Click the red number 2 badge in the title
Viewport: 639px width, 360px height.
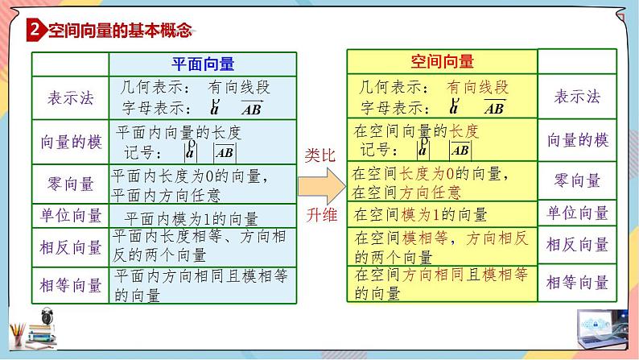click(34, 31)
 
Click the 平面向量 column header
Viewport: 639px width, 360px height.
click(204, 64)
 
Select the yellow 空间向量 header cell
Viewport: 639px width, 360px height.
click(442, 61)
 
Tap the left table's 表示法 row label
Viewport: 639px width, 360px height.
click(71, 98)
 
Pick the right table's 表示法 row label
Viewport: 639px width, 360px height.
click(577, 97)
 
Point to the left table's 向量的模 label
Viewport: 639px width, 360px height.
click(71, 142)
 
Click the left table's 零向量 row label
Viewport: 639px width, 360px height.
click(71, 183)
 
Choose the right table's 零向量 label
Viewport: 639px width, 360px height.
click(577, 180)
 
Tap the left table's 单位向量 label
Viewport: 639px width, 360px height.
click(71, 215)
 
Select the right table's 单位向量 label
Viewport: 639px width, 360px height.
click(577, 213)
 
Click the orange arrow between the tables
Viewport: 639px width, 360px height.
click(320, 187)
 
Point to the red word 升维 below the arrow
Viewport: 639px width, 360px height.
click(321, 216)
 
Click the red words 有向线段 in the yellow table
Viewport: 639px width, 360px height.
click(478, 88)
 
